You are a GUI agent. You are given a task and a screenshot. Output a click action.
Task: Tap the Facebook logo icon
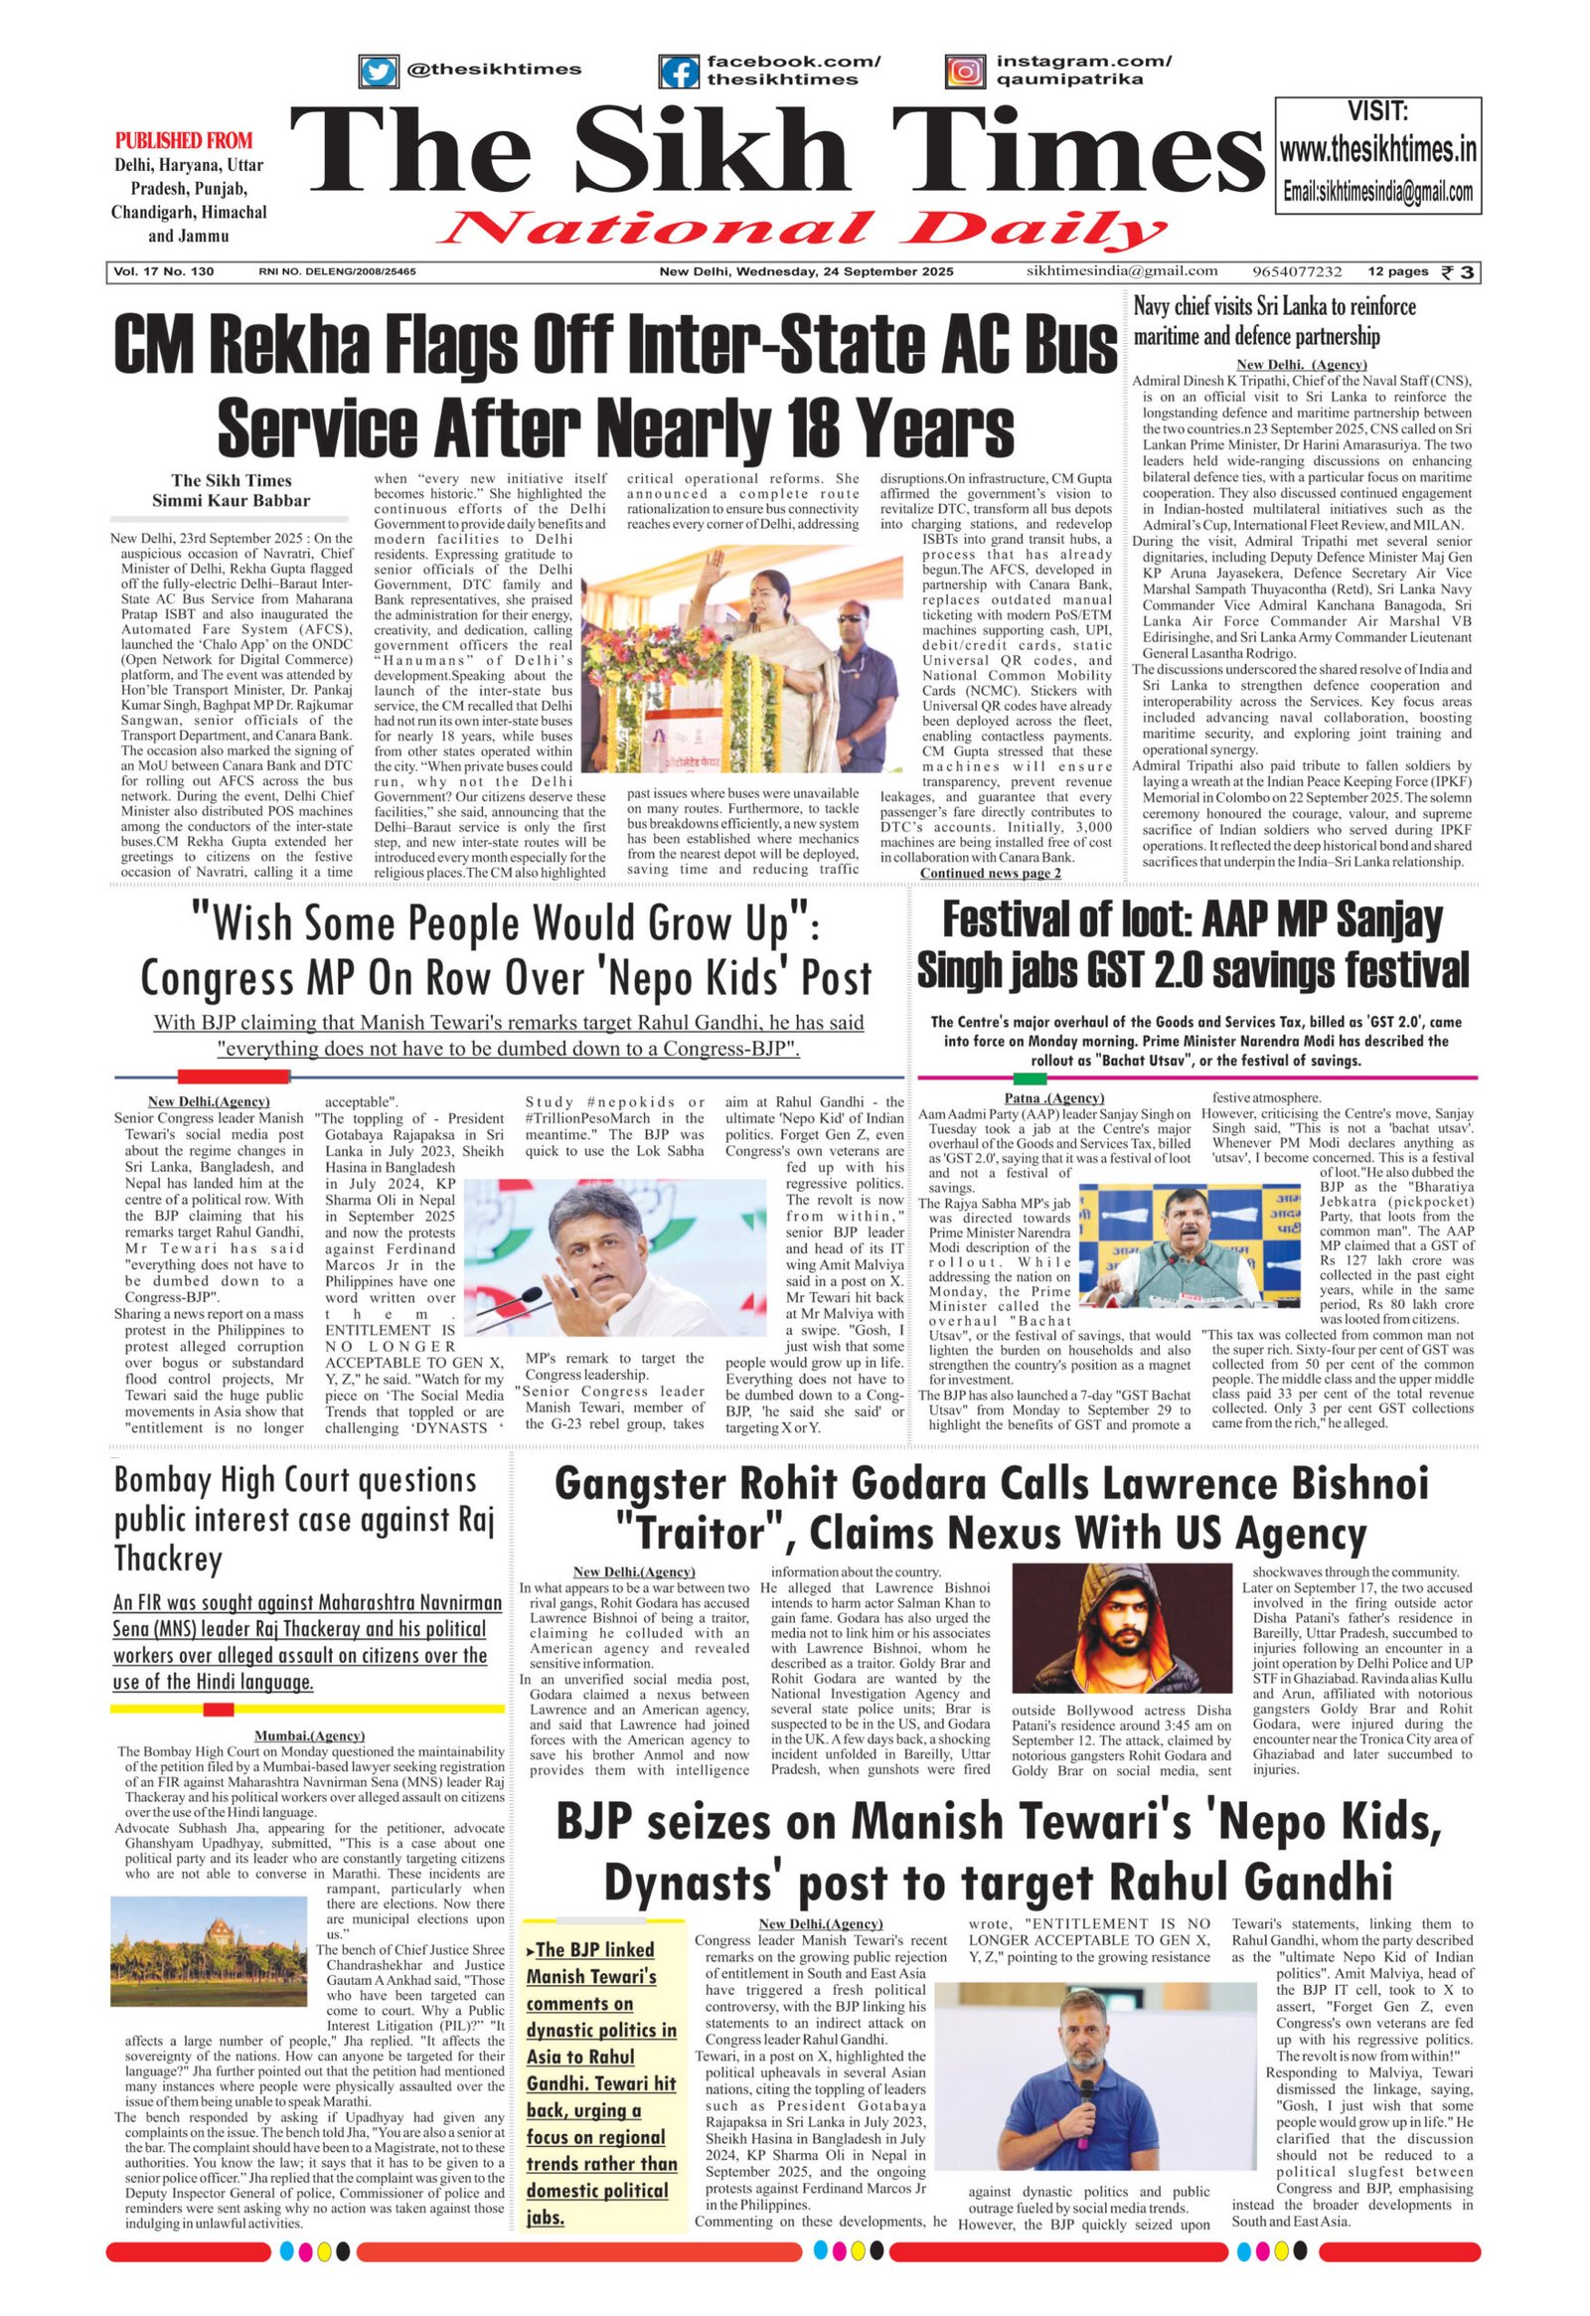(680, 72)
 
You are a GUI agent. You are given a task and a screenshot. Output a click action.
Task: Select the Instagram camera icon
(964, 72)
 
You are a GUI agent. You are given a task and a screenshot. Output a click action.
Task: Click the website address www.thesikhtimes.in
(1377, 150)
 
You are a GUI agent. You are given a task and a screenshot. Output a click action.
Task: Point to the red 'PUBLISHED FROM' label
(183, 140)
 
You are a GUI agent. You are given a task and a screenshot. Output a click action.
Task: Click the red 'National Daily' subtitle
(801, 231)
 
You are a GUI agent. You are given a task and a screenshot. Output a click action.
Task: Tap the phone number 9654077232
(1298, 271)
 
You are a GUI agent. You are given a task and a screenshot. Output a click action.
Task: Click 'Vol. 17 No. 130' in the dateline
(163, 271)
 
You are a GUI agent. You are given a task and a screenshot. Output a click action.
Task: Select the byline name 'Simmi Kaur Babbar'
(231, 500)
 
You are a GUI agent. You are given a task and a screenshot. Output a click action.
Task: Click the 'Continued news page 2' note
(989, 873)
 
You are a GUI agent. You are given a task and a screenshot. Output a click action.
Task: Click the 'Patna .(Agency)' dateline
(1054, 1098)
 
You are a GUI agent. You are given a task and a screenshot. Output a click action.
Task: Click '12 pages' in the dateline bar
(1397, 271)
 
